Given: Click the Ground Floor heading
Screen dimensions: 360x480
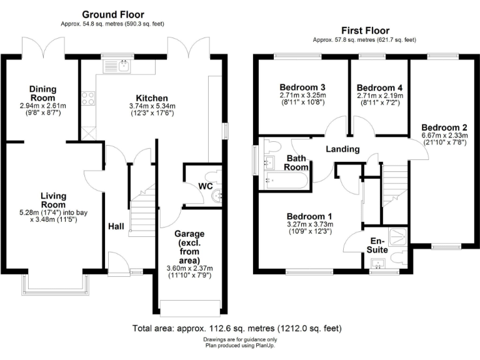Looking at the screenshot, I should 112,14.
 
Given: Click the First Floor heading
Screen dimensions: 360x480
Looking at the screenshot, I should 365,30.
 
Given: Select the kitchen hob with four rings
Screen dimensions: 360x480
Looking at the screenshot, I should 87,98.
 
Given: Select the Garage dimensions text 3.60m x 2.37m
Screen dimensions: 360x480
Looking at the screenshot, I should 190,268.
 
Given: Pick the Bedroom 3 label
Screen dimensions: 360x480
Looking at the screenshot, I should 302,87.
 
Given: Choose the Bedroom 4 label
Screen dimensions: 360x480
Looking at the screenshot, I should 379,87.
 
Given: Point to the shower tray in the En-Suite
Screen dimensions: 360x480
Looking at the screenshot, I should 396,236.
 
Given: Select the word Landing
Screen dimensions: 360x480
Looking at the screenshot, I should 343,149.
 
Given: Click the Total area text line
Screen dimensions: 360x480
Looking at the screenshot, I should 237,328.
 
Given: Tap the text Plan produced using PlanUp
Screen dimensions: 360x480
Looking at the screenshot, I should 241,345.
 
